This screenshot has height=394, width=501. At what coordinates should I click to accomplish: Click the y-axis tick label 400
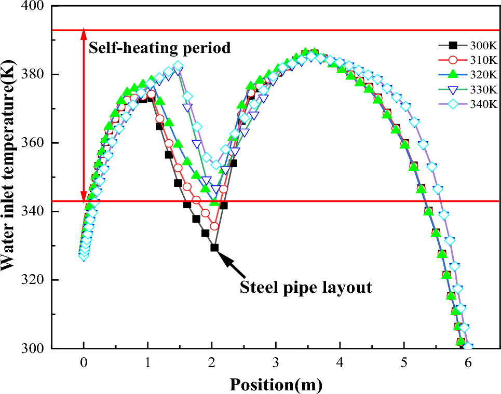click(33, 7)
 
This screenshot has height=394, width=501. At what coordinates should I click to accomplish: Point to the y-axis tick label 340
click(33, 212)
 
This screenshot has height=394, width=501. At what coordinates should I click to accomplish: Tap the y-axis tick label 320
click(33, 280)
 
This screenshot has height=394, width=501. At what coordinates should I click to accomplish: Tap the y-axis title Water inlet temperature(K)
click(9, 178)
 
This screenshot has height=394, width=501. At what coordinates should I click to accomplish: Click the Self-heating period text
click(159, 48)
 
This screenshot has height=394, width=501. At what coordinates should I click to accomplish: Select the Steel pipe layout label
click(306, 287)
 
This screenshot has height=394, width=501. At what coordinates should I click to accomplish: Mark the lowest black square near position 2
click(214, 248)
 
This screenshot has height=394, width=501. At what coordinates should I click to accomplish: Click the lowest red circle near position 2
click(214, 226)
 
